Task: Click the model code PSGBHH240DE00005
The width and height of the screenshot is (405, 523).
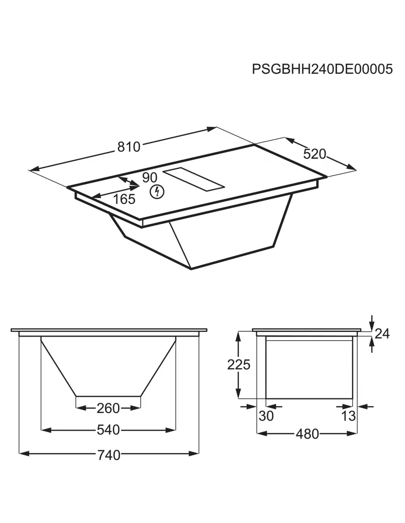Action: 322,69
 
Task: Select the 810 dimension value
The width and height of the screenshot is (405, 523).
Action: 128,147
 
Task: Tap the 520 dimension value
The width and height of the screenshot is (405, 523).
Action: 314,154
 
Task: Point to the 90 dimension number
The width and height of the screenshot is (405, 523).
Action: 149,178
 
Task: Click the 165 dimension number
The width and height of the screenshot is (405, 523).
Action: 124,199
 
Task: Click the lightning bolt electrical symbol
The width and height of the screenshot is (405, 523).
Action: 157,192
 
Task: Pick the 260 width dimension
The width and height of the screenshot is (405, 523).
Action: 108,408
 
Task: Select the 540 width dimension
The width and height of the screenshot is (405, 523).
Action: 108,430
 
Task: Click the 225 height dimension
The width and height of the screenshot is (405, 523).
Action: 239,364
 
